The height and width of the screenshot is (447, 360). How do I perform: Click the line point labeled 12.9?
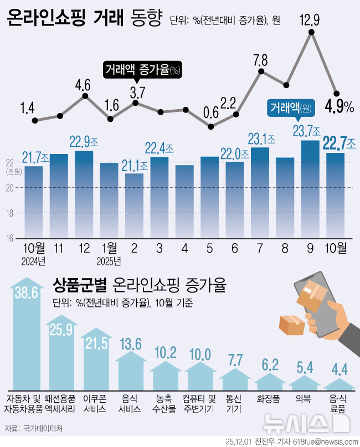pyautogui.click(x=312, y=33)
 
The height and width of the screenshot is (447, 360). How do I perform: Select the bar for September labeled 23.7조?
pyautogui.click(x=311, y=188)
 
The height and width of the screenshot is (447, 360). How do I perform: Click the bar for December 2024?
pyautogui.click(x=84, y=194)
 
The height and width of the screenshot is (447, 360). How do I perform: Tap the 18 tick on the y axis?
pyautogui.click(x=10, y=213)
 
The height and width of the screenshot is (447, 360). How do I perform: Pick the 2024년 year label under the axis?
pyautogui.click(x=33, y=260)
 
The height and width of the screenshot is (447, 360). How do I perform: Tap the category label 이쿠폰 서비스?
pyautogui.click(x=96, y=403)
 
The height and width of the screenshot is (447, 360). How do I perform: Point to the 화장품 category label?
pyautogui.click(x=270, y=398)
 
